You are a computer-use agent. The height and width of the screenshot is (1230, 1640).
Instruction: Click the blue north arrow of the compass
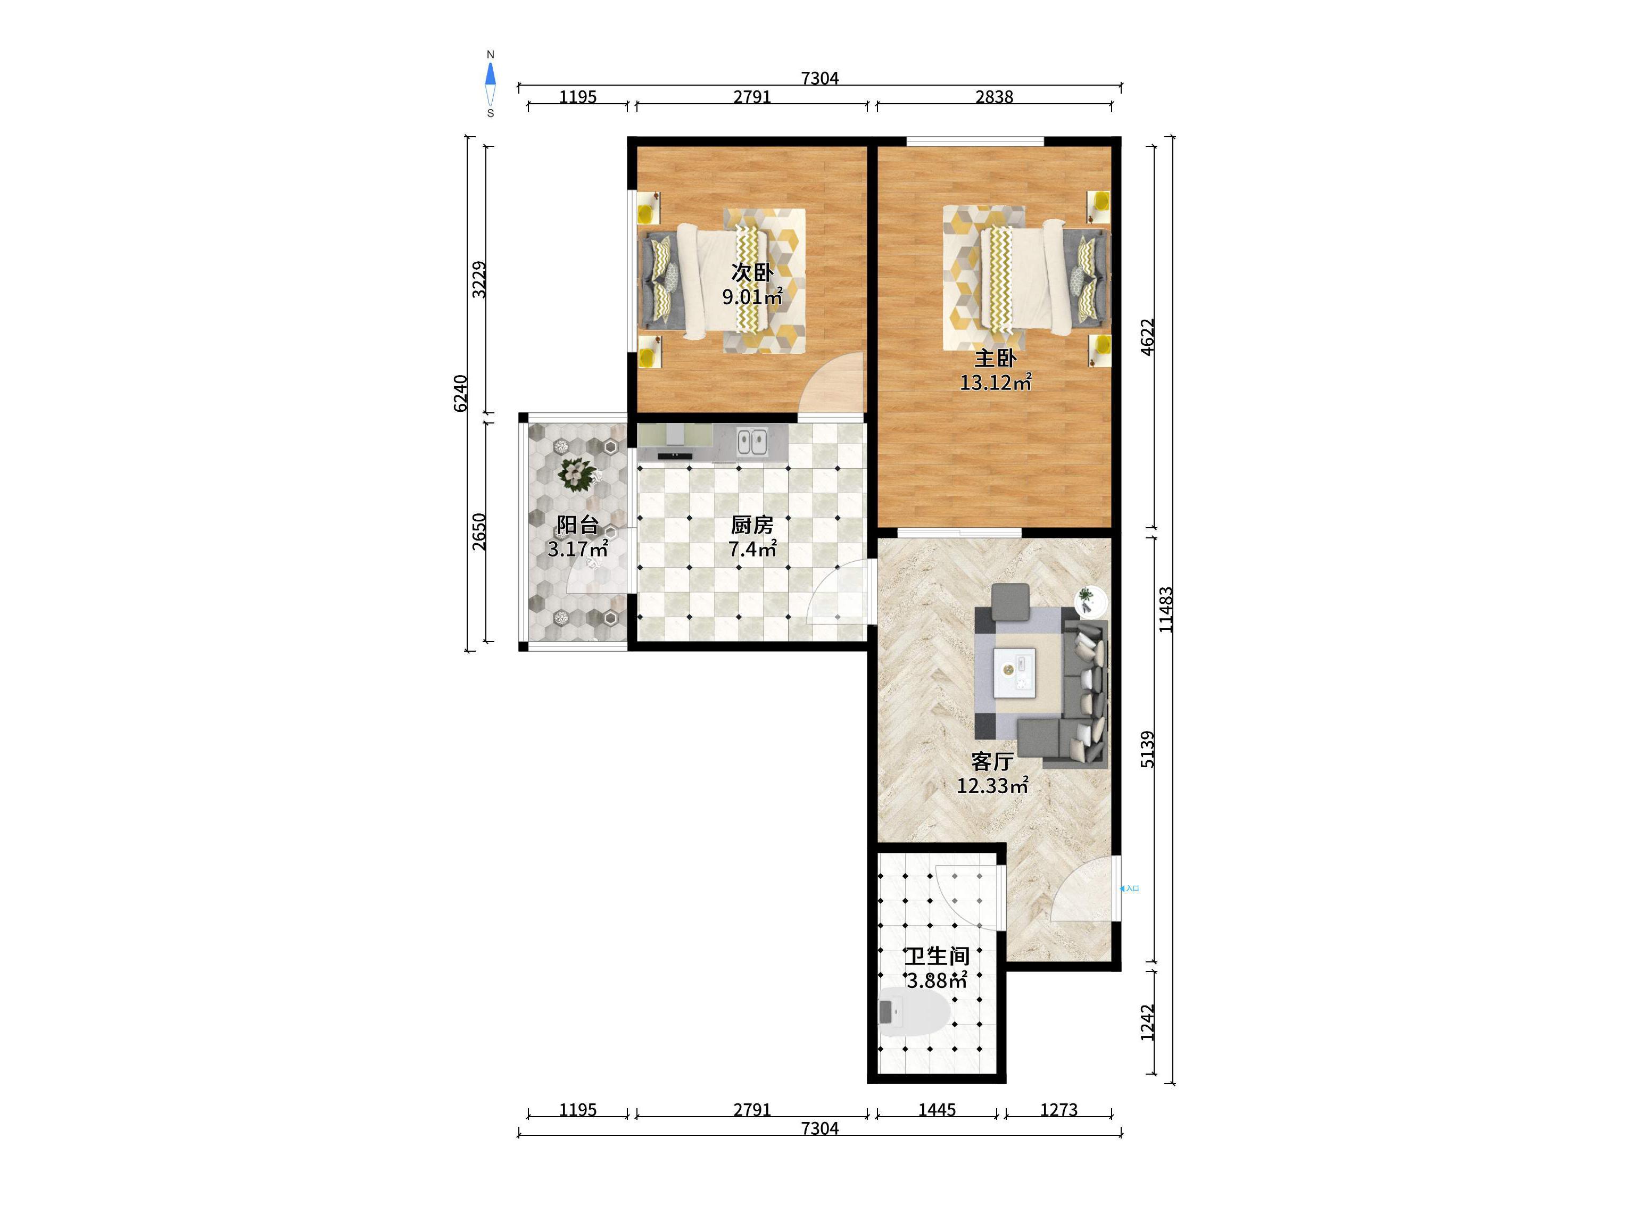point(490,73)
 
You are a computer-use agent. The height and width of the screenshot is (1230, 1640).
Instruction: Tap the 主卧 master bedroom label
point(995,359)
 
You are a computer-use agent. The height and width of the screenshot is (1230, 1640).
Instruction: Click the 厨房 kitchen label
point(752,525)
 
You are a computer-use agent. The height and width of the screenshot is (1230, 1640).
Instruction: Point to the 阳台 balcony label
point(577,525)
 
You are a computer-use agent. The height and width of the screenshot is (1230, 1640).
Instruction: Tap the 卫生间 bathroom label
point(937,955)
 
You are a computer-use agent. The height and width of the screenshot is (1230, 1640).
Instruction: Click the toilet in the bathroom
point(914,1013)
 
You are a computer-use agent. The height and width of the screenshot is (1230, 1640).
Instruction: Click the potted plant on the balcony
point(576,474)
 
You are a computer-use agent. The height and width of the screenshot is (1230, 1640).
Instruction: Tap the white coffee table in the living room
point(1015,672)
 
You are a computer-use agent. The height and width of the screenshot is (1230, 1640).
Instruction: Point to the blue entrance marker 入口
point(1129,888)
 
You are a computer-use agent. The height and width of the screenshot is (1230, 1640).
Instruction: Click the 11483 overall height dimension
point(1166,610)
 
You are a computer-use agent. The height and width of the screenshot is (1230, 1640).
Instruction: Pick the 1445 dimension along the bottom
point(937,1110)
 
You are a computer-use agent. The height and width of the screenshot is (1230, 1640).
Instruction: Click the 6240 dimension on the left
point(460,394)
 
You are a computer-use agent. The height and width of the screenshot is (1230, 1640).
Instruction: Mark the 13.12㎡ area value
point(996,383)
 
